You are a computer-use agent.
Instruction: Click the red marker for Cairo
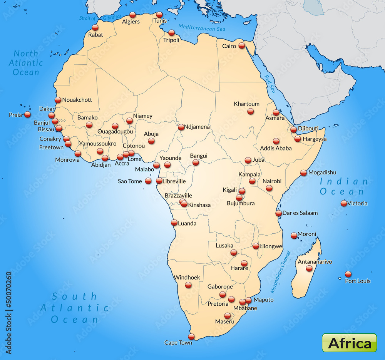tap(241, 45)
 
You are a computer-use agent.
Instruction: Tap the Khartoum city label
tap(246, 104)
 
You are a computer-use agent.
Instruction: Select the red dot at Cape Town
tap(191, 337)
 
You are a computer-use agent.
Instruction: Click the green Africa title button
tap(349, 343)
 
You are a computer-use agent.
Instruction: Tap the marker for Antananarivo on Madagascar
tap(309, 268)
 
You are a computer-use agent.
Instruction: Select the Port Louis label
tap(358, 281)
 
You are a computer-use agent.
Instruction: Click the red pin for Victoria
tap(344, 203)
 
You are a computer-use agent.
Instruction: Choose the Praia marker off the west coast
tap(27, 114)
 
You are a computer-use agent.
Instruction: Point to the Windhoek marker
tap(188, 285)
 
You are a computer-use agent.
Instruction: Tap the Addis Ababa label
tap(276, 148)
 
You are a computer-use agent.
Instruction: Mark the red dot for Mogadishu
tap(303, 173)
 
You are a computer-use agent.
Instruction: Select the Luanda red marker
tap(174, 223)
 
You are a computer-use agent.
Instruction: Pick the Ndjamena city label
tap(197, 127)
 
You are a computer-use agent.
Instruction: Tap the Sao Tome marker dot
tap(148, 181)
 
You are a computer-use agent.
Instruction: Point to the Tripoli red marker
tap(171, 33)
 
